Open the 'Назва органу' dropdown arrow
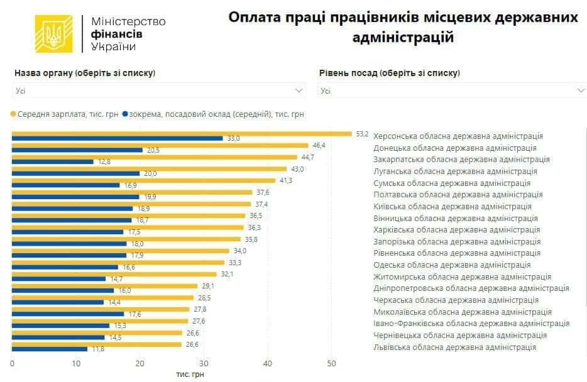(x=299, y=90)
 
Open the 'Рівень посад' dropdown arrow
(x=580, y=90)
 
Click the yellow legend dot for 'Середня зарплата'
(x=13, y=114)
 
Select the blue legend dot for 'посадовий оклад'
(x=125, y=114)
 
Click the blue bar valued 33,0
(x=117, y=138)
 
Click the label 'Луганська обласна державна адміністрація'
(x=455, y=171)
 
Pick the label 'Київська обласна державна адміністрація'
(x=452, y=206)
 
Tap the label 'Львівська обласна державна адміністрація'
(x=454, y=347)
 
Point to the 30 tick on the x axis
(x=204, y=363)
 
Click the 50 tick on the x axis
(x=331, y=363)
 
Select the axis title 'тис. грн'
(x=190, y=374)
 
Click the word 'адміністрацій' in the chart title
(x=403, y=38)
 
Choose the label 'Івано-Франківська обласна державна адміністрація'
(x=471, y=324)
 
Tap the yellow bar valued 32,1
(x=114, y=274)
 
